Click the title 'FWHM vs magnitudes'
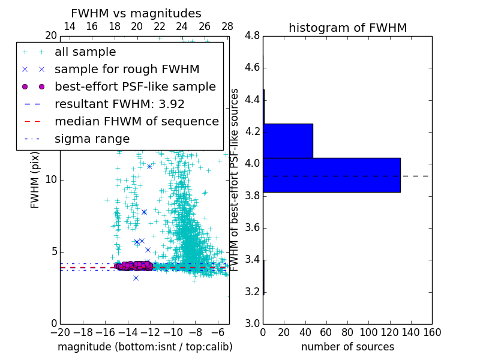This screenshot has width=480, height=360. pos(136,13)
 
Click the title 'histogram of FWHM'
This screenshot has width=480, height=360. pos(347,28)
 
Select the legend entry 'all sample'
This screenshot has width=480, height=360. pos(85,52)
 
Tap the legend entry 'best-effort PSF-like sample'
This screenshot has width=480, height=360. pos(135,86)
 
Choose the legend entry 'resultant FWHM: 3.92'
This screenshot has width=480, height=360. pos(119,104)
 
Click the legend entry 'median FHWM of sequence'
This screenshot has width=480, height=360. pos(136,121)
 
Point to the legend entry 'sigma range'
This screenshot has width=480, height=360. pos(92,139)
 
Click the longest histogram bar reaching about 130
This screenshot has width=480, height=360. pos(332,175)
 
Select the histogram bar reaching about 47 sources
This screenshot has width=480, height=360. pos(288,140)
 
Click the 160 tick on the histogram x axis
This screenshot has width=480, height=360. pos(432,332)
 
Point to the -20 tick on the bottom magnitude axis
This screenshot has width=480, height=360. pos(60,332)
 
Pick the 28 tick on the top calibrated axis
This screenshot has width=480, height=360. pos(227,27)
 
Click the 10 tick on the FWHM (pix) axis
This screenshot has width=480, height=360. pos(52,180)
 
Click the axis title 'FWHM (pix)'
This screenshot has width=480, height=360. pos(35,180)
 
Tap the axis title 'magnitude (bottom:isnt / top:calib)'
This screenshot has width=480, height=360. pos(145,347)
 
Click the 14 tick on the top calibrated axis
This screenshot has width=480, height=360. pos(70,27)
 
